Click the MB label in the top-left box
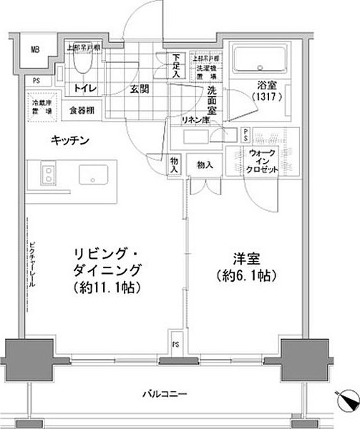pos(34,49)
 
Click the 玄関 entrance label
pos(140,89)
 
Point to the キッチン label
pos(69,141)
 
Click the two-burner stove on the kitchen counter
pos(47,174)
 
